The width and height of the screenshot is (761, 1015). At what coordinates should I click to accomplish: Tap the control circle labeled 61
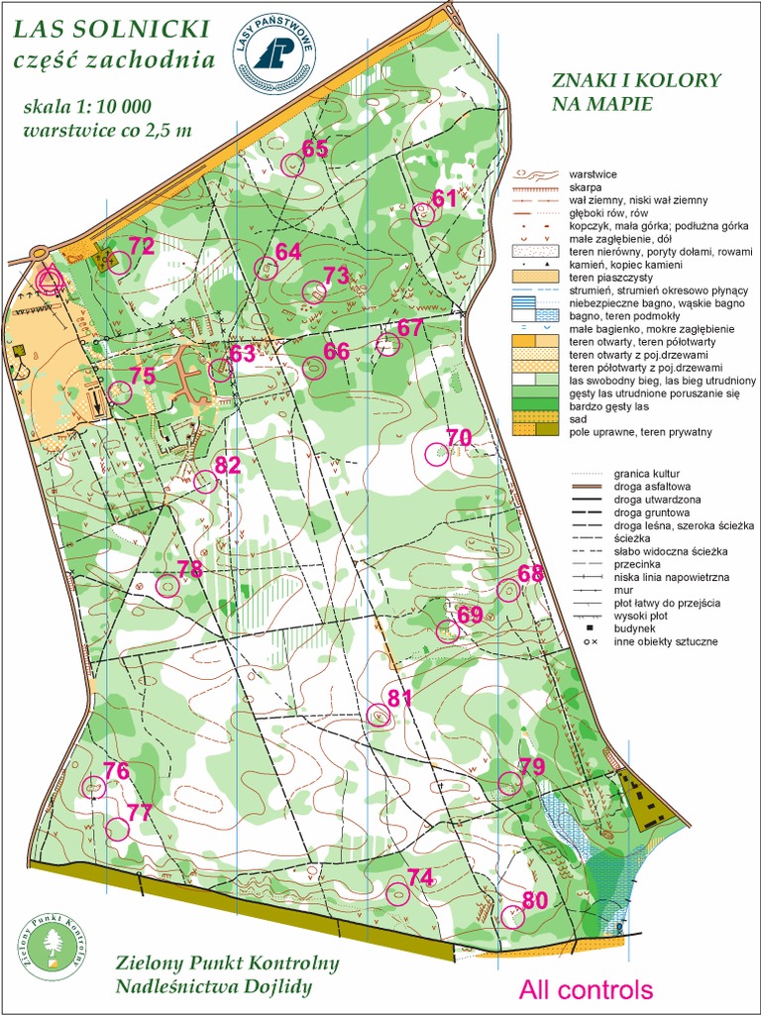pyautogui.click(x=423, y=214)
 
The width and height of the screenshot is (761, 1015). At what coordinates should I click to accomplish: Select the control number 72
pyautogui.click(x=142, y=247)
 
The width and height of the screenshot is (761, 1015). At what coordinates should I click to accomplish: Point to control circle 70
pyautogui.click(x=436, y=454)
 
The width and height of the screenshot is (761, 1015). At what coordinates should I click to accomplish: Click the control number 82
pyautogui.click(x=228, y=465)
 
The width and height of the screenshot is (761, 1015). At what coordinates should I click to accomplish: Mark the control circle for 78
pyautogui.click(x=167, y=586)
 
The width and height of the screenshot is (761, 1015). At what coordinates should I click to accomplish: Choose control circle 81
pyautogui.click(x=379, y=715)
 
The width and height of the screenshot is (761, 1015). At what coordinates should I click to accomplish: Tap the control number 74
pyautogui.click(x=420, y=877)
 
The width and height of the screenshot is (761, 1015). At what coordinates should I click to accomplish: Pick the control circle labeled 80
pyautogui.click(x=512, y=917)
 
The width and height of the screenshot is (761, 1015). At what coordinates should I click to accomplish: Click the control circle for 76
pyautogui.click(x=93, y=787)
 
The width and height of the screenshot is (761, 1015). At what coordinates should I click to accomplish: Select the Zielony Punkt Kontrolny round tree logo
pyautogui.click(x=54, y=947)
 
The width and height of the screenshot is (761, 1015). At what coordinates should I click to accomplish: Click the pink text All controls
pyautogui.click(x=587, y=989)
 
